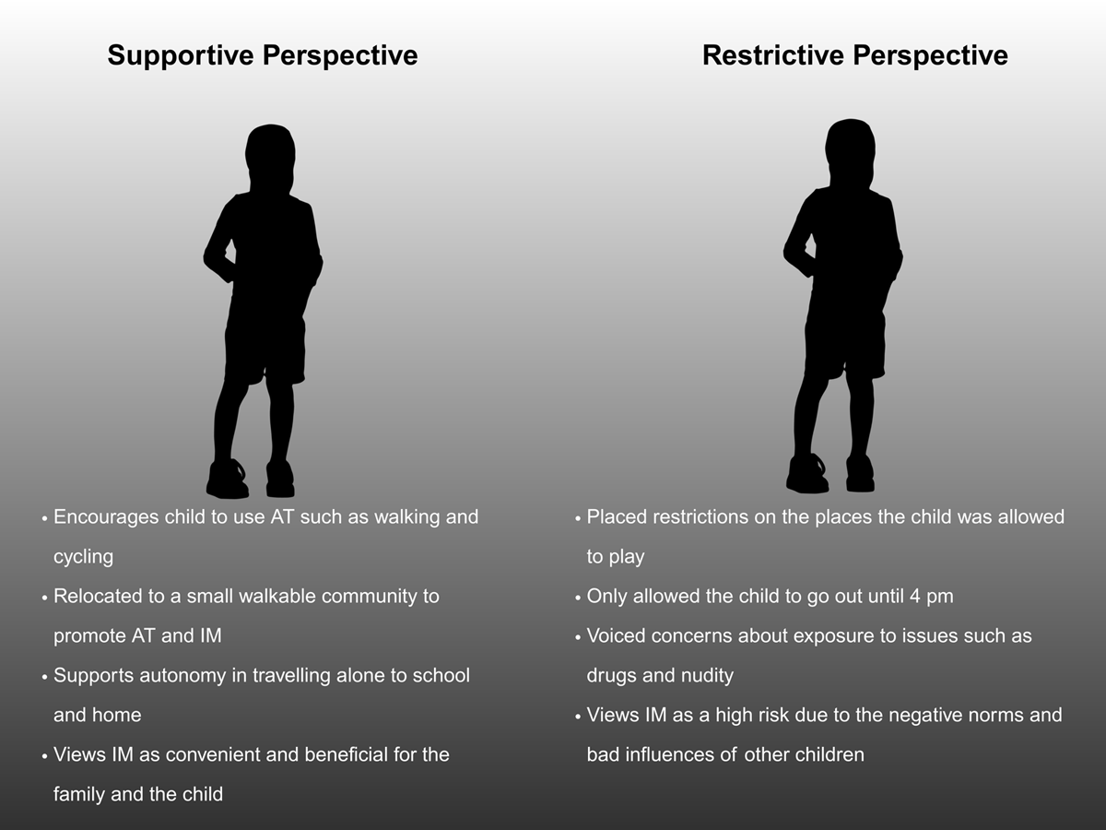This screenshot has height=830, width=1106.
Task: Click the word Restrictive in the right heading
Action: point(773,55)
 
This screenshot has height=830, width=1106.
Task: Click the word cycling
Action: point(84,557)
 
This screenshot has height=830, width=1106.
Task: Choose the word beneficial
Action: point(347,755)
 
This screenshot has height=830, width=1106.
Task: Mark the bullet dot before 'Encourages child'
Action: point(44,518)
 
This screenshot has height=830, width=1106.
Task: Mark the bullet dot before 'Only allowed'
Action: point(578,599)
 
